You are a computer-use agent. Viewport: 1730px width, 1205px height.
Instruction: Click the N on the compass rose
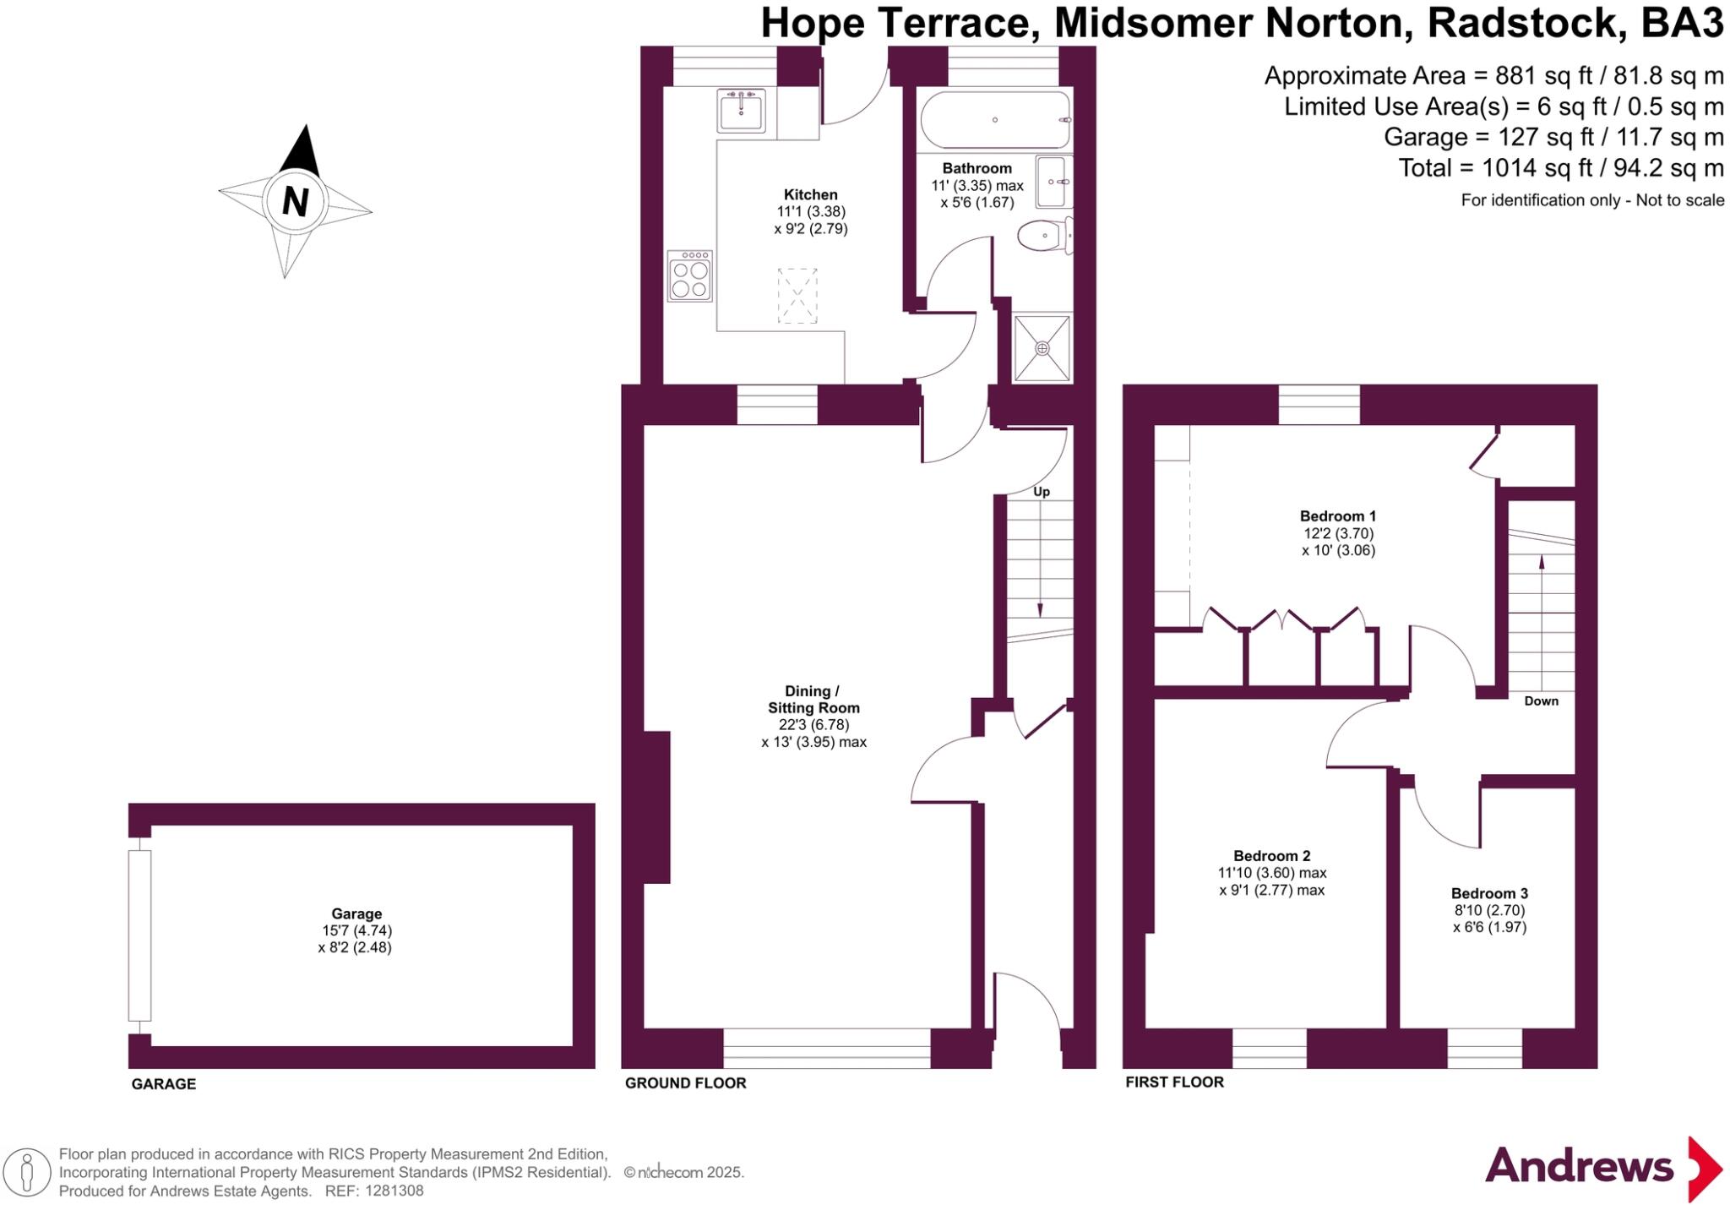295,202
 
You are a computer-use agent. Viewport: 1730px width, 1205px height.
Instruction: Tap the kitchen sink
742,111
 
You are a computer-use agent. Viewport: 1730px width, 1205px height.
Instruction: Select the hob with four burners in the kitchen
690,276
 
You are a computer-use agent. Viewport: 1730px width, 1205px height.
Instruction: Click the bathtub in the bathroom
995,120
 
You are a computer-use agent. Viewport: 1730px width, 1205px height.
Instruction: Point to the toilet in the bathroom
1044,235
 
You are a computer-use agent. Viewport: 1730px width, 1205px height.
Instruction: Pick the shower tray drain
1042,348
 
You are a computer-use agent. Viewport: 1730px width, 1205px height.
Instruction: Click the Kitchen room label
810,194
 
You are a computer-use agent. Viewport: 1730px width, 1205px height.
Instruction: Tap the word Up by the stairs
1042,492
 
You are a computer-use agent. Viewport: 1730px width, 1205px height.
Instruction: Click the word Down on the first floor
1541,701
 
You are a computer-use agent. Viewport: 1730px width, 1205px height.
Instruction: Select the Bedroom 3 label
1489,893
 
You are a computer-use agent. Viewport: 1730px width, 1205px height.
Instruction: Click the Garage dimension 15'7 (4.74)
356,930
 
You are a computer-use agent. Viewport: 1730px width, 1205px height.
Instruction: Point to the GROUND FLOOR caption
685,1082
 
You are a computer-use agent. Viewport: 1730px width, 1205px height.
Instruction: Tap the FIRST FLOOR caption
1174,1082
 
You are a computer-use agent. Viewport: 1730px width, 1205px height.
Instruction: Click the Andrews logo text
1578,1167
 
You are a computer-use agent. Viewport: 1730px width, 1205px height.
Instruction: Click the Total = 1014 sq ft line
1560,168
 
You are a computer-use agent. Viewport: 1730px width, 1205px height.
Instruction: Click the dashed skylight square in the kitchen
797,295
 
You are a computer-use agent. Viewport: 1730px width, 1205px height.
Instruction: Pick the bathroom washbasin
1053,181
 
